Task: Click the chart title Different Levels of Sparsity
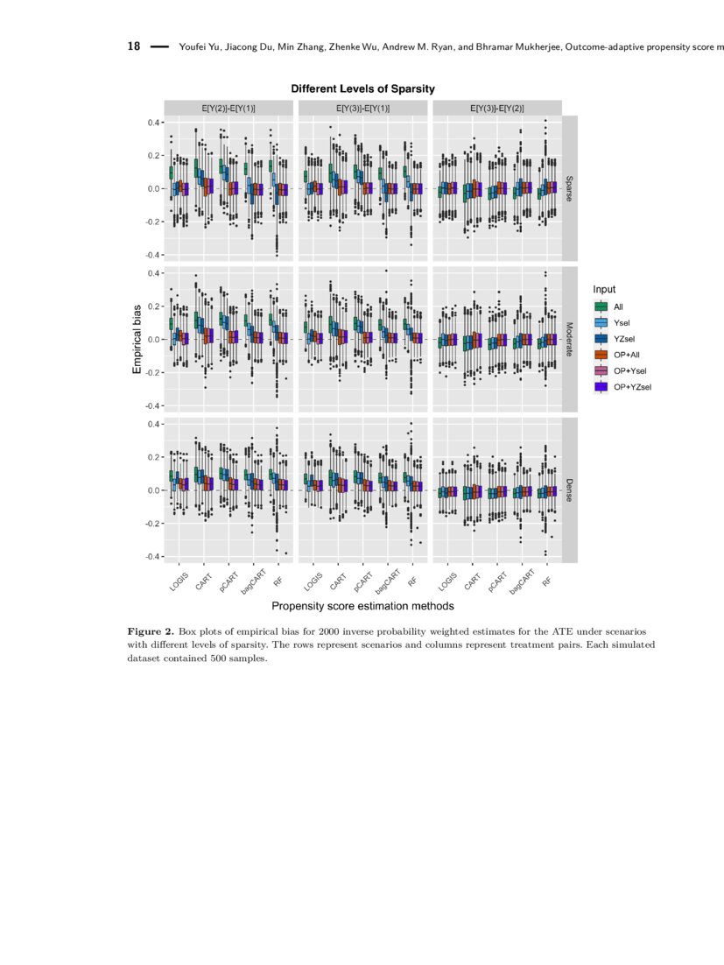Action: point(362,89)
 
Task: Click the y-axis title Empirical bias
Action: point(137,340)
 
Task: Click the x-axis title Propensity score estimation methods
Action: point(362,605)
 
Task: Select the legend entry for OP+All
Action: point(627,355)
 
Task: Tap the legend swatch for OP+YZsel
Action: point(601,386)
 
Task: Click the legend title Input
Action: point(604,289)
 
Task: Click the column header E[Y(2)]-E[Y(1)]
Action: point(228,108)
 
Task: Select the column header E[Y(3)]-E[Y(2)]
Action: point(496,108)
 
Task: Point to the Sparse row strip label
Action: point(569,187)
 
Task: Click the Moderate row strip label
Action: point(569,339)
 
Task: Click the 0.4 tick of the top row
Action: point(153,123)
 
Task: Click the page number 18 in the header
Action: point(135,46)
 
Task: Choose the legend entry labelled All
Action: point(618,306)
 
